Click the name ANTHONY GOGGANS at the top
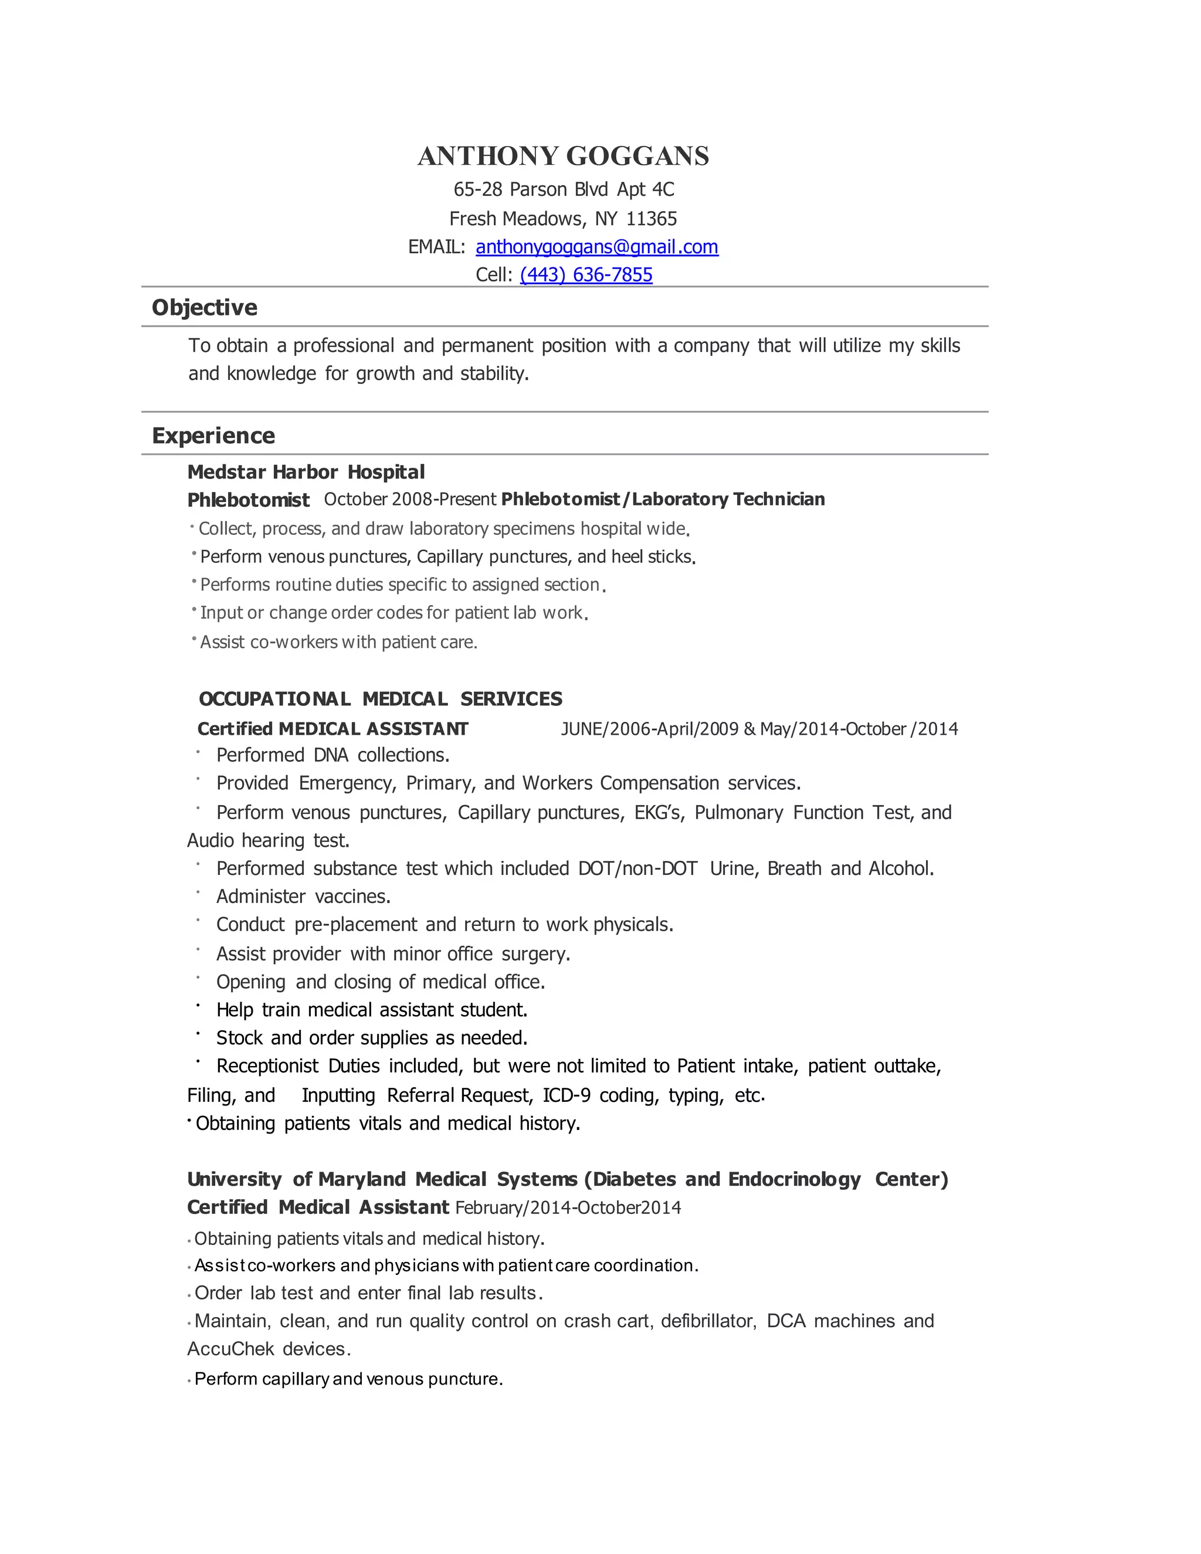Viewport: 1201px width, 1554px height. tap(563, 156)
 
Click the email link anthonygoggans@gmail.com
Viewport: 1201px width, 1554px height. tap(597, 247)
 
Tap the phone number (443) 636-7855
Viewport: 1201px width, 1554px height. tap(586, 274)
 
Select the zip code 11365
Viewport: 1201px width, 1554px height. tap(651, 219)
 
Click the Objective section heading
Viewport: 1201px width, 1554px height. tap(204, 307)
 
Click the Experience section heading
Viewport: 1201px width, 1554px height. tap(213, 436)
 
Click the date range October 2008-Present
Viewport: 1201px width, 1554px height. tap(410, 500)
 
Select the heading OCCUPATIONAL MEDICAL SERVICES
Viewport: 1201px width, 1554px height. tap(381, 699)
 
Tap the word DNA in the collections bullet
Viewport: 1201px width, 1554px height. tap(331, 755)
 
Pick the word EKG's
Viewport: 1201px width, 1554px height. tap(659, 813)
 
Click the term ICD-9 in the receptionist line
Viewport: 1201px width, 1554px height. tap(566, 1095)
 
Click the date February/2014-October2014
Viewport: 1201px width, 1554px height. tap(568, 1207)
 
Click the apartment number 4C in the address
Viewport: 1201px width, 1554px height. tap(663, 189)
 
